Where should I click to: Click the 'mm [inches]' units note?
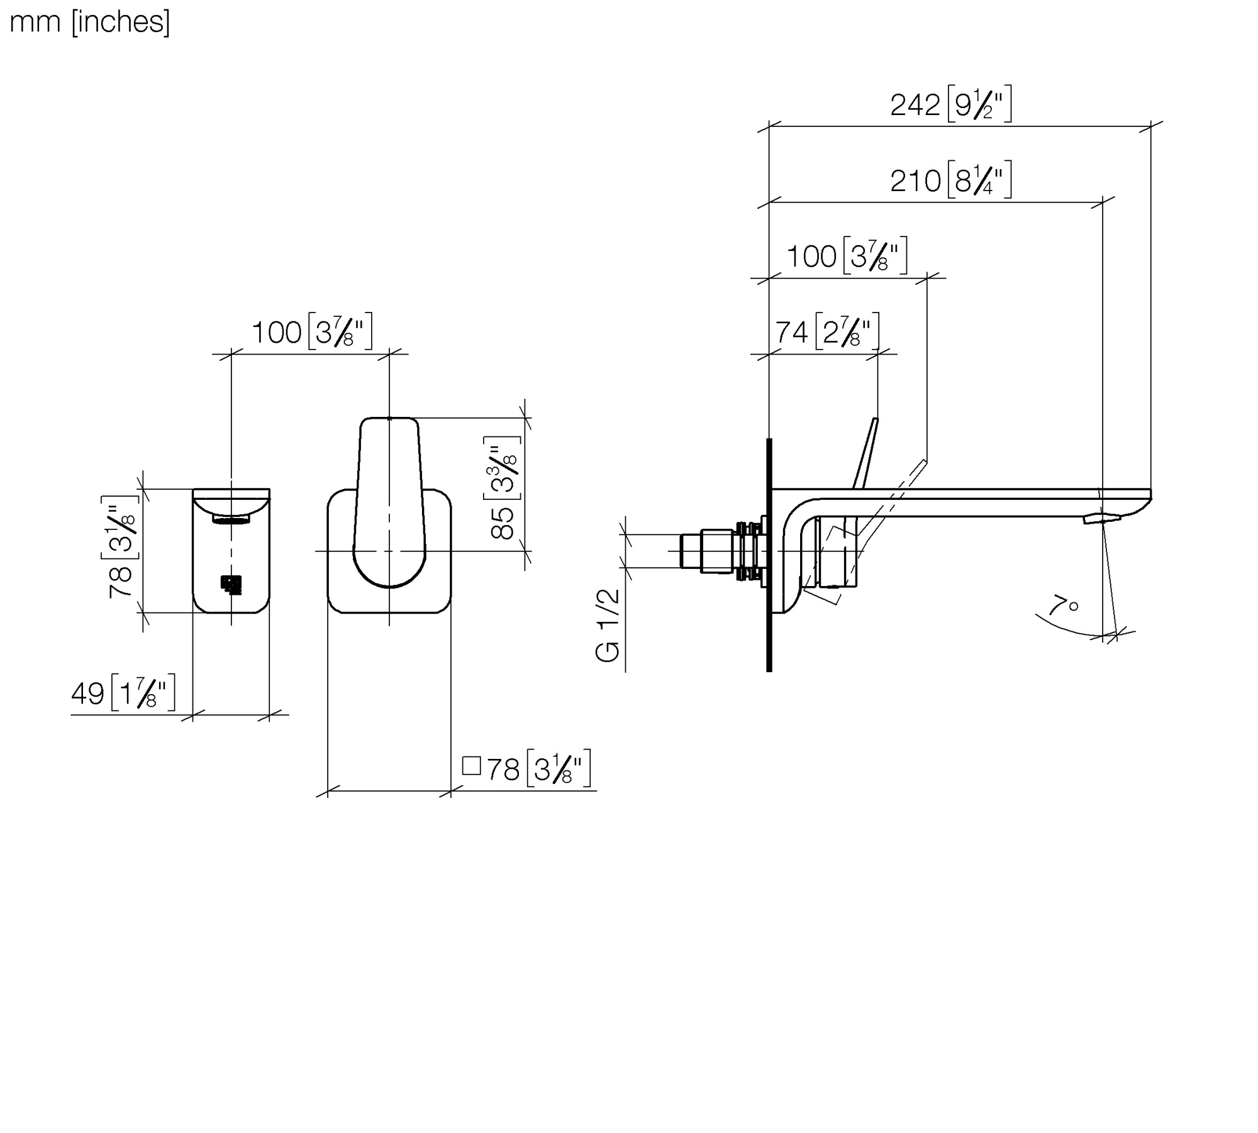[x=90, y=23]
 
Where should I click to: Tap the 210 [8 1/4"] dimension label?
[x=951, y=180]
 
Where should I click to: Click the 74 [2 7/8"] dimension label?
[x=827, y=331]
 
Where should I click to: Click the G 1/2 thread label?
[x=608, y=625]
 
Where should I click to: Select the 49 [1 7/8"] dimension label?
[x=123, y=694]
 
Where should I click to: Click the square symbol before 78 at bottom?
[x=471, y=765]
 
